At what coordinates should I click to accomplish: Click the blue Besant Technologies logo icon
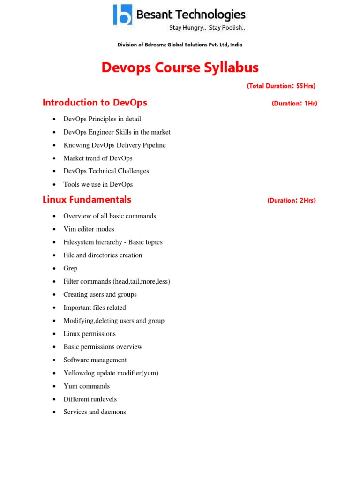[123, 15]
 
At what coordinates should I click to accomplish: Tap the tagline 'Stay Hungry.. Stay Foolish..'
[207, 28]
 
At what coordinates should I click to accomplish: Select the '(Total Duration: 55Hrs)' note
[281, 86]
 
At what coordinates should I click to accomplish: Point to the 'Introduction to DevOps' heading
[95, 102]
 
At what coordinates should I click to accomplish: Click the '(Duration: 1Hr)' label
[294, 103]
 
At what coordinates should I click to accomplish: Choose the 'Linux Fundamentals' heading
[87, 199]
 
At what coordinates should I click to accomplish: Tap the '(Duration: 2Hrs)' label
[292, 201]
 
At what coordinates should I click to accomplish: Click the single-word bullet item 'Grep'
[70, 268]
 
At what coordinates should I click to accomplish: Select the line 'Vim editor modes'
[89, 229]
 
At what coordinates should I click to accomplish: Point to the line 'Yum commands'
[87, 386]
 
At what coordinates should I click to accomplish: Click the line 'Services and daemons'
[95, 412]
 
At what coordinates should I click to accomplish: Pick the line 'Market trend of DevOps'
[98, 158]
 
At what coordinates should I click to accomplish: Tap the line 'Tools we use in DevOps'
[98, 184]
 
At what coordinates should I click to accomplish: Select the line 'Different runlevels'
[90, 399]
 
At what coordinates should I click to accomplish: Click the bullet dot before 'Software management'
[54, 360]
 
